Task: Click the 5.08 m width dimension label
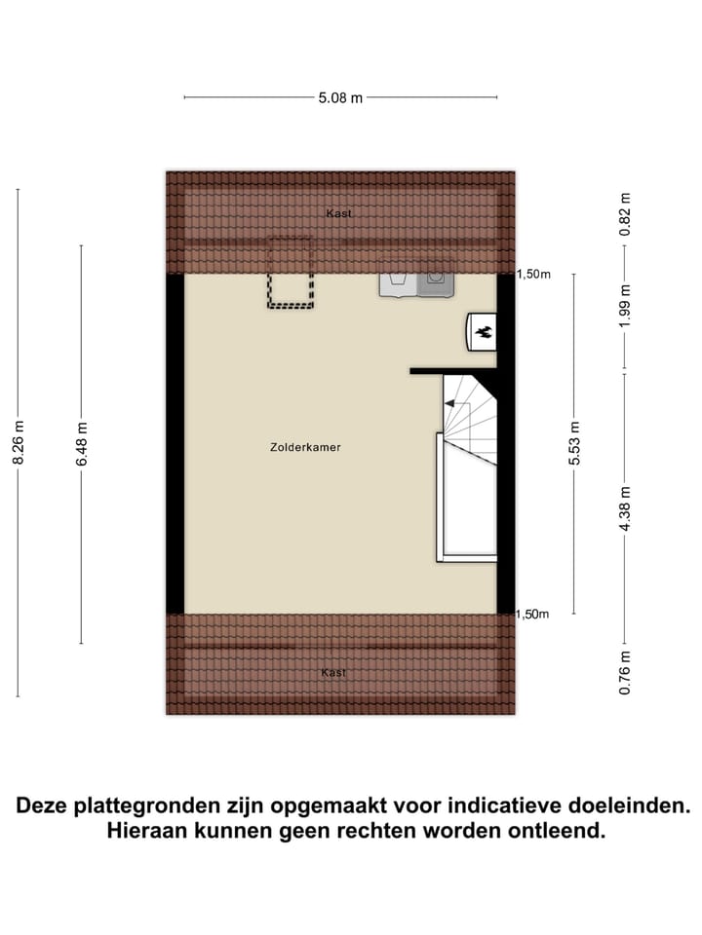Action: pos(340,97)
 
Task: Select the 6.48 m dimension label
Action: pos(82,444)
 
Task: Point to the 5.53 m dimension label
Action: pos(574,443)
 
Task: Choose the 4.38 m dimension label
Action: pos(626,508)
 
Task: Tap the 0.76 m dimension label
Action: pos(626,674)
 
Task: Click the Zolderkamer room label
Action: pos(305,448)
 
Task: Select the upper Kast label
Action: pos(339,213)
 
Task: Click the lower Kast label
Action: pos(333,672)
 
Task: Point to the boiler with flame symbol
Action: pos(482,332)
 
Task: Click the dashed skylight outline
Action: pos(291,274)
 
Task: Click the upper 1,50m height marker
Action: pos(533,275)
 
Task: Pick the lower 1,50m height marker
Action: pos(533,614)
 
